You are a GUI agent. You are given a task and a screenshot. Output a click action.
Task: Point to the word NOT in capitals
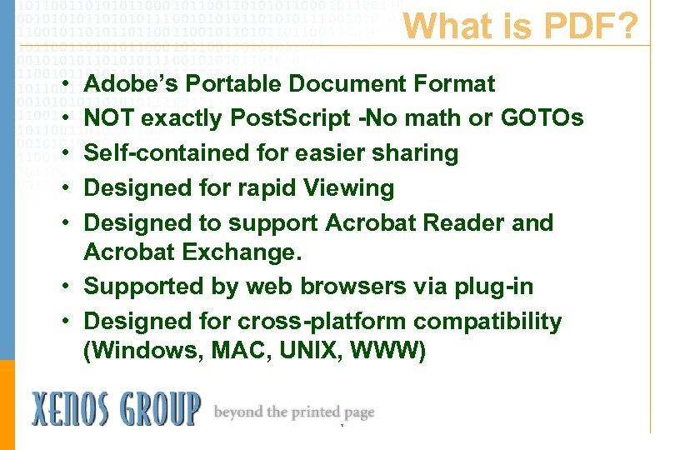[106, 119]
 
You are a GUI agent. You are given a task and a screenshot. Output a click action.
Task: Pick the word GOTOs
[542, 119]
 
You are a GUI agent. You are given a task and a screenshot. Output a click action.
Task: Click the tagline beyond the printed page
[294, 412]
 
